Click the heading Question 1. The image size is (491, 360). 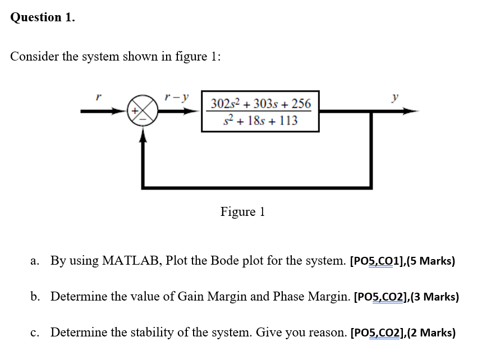click(42, 17)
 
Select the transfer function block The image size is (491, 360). click(260, 112)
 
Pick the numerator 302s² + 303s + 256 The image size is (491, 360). click(260, 103)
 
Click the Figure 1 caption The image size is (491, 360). click(242, 212)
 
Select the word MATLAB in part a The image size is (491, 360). click(132, 261)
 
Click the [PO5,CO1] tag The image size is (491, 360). click(374, 261)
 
